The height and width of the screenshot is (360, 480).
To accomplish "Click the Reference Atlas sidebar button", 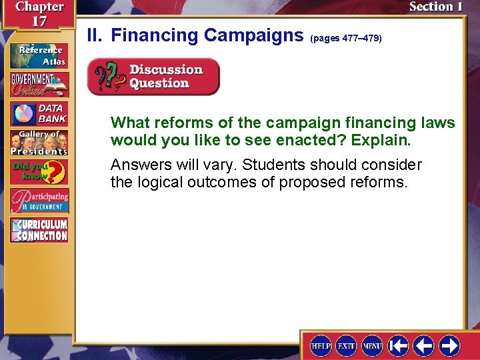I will click(x=39, y=55).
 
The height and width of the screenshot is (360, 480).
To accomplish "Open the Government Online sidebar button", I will click(x=39, y=84).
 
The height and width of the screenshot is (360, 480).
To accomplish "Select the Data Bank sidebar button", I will click(x=39, y=114).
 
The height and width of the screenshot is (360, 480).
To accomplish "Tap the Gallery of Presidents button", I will click(x=39, y=142).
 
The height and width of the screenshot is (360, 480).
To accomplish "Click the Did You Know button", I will click(x=39, y=172).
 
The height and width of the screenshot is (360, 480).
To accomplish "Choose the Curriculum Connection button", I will click(x=39, y=230).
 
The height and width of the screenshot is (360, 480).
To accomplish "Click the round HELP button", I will click(x=321, y=345).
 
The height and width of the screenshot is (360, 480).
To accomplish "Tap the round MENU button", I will click(x=372, y=345).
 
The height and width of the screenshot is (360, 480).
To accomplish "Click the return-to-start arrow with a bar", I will click(x=399, y=345).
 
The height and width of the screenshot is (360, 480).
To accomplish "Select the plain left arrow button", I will click(x=424, y=345).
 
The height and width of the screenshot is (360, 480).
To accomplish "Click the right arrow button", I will click(x=449, y=345).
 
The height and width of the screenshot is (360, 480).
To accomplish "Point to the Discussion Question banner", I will click(x=153, y=77).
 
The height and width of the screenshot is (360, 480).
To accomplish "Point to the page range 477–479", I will click(x=346, y=39).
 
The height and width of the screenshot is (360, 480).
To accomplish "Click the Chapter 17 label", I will click(x=40, y=13).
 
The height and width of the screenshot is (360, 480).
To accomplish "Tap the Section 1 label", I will click(x=435, y=7).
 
